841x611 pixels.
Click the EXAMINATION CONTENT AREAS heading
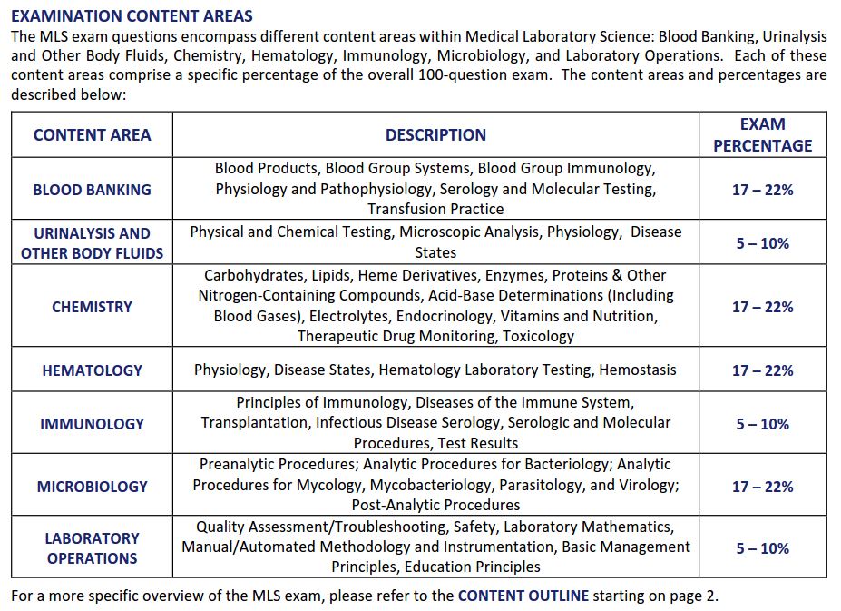click(x=132, y=16)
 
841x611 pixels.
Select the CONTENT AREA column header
click(x=92, y=135)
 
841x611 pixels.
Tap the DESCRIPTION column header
click(x=435, y=135)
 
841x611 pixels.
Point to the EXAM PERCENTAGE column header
click(x=762, y=134)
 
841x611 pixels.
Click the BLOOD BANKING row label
click(x=92, y=190)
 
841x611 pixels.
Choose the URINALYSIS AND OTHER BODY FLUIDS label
click(x=92, y=243)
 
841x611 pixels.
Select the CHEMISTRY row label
click(x=92, y=307)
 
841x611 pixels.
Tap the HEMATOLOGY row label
click(x=92, y=370)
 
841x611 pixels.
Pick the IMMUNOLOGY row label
click(x=92, y=424)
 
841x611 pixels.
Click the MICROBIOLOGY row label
click(x=92, y=487)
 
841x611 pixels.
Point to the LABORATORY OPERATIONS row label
click(x=92, y=548)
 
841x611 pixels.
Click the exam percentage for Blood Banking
click(x=762, y=190)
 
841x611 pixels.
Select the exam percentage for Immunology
click(x=762, y=424)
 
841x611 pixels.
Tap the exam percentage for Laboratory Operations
click(x=762, y=548)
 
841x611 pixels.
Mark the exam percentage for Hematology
click(x=762, y=370)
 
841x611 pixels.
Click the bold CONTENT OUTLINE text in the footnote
click(x=523, y=596)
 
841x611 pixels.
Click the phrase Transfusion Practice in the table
click(x=435, y=209)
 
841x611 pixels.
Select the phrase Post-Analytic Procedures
click(x=435, y=505)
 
